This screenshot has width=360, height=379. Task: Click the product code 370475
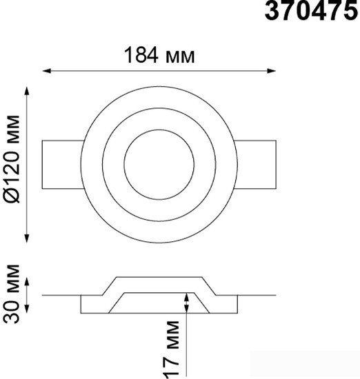tap(311, 10)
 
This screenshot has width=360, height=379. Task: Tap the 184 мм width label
tap(159, 55)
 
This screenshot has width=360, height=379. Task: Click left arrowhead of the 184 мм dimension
tap(47, 71)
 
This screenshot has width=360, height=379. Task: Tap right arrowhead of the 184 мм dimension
tap(271, 71)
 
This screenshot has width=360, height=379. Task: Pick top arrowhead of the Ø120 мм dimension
tap(27, 91)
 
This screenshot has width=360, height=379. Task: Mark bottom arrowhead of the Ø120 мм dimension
tap(27, 238)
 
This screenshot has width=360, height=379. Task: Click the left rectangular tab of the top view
tap(62, 165)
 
